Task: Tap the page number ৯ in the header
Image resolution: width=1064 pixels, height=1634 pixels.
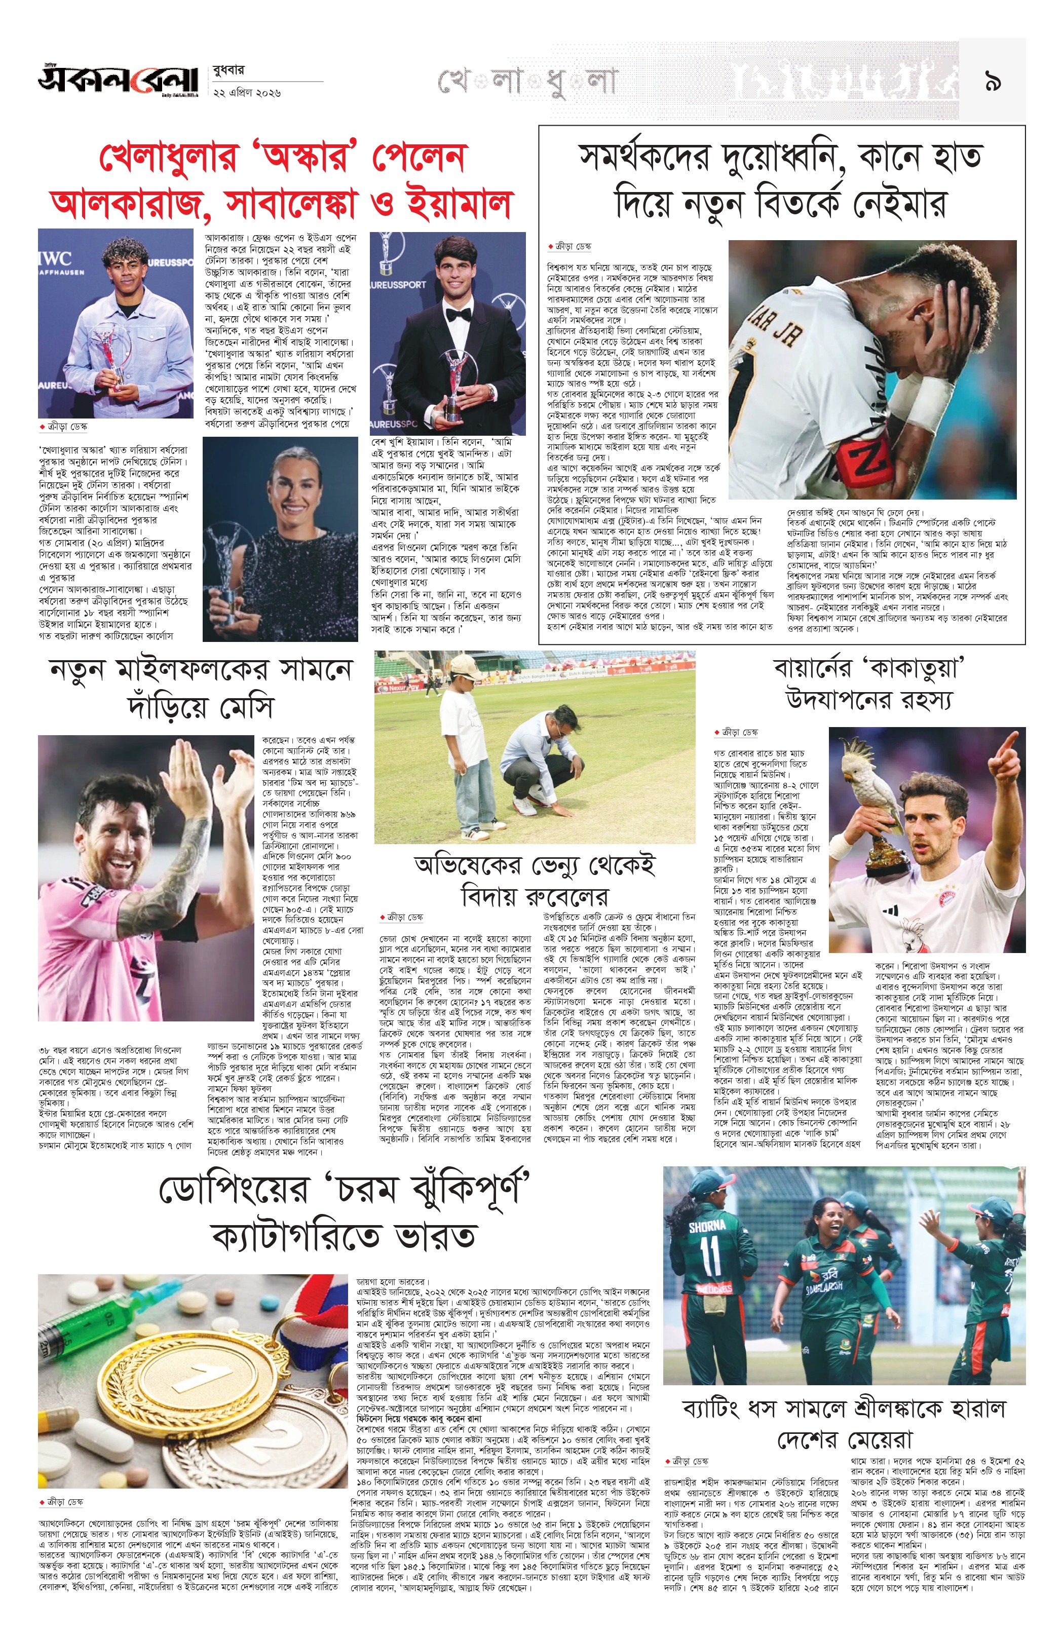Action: click(x=992, y=83)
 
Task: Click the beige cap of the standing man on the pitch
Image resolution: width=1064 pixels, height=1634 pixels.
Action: click(x=465, y=665)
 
